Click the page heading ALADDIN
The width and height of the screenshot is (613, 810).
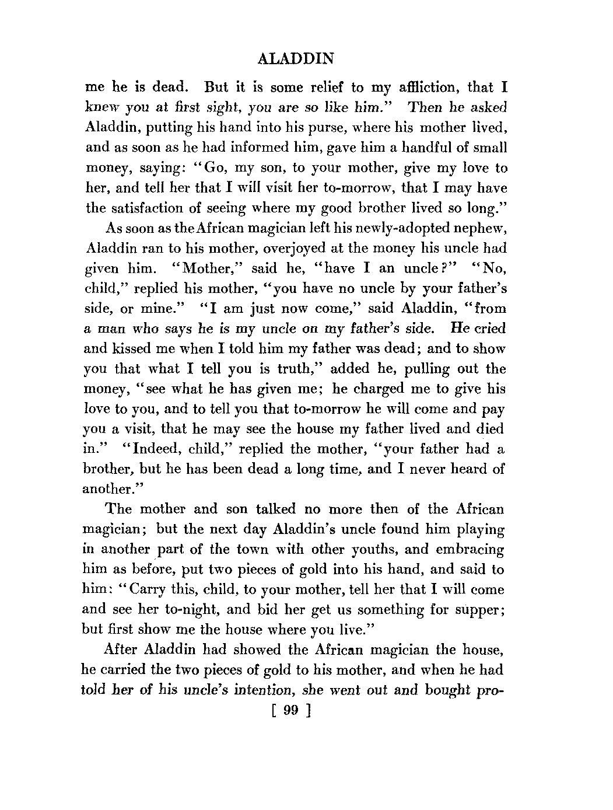(295, 59)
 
